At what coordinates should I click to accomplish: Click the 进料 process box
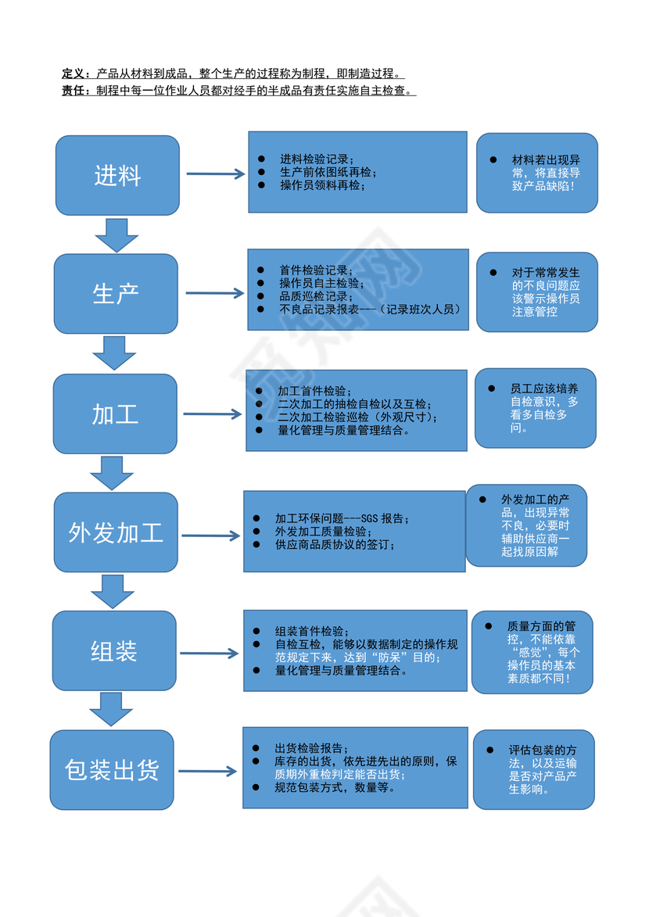coord(117,175)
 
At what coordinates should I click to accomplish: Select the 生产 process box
coord(116,293)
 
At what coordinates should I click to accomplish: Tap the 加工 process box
coord(115,414)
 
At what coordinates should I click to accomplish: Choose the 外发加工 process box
coord(116,532)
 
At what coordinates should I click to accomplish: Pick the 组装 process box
coord(114,650)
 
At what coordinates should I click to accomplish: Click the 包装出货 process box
coord(112,770)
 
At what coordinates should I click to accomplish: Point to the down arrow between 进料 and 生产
coord(117,235)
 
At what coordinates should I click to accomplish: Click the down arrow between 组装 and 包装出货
coord(111,709)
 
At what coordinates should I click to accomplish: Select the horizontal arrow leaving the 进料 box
coord(216,174)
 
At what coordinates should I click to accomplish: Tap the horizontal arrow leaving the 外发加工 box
coord(210,536)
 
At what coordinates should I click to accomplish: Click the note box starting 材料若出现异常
coord(537,173)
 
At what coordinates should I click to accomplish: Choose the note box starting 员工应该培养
coord(536,408)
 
